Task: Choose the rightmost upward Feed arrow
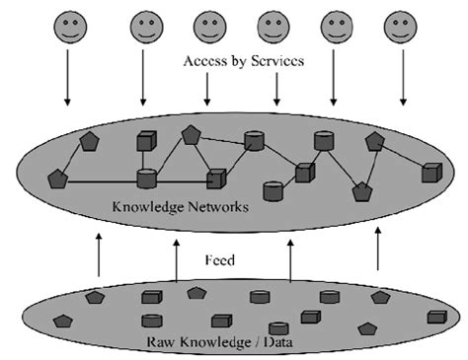(378, 251)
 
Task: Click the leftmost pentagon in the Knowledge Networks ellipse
(57, 180)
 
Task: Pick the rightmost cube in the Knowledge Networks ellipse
(430, 174)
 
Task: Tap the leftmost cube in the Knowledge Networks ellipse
(145, 142)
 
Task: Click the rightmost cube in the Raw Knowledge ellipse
(435, 317)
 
